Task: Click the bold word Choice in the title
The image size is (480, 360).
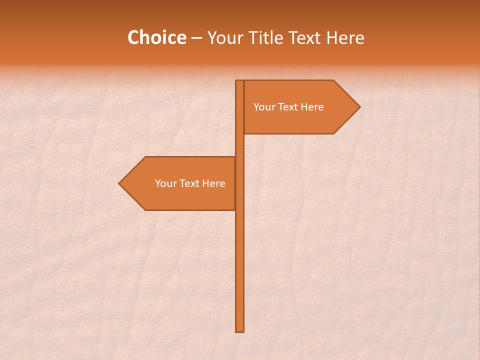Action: pos(156,38)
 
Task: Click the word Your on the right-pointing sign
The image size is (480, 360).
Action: pos(264,107)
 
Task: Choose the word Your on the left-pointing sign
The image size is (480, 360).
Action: pos(165,183)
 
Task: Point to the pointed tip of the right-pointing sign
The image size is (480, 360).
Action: pos(358,107)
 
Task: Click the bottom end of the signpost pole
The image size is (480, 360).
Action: pos(239,329)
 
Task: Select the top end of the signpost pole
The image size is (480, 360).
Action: pos(239,82)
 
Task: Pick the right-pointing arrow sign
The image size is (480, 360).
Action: pos(295,120)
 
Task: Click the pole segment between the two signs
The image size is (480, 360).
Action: pos(239,145)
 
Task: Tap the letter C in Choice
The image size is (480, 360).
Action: pos(133,38)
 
